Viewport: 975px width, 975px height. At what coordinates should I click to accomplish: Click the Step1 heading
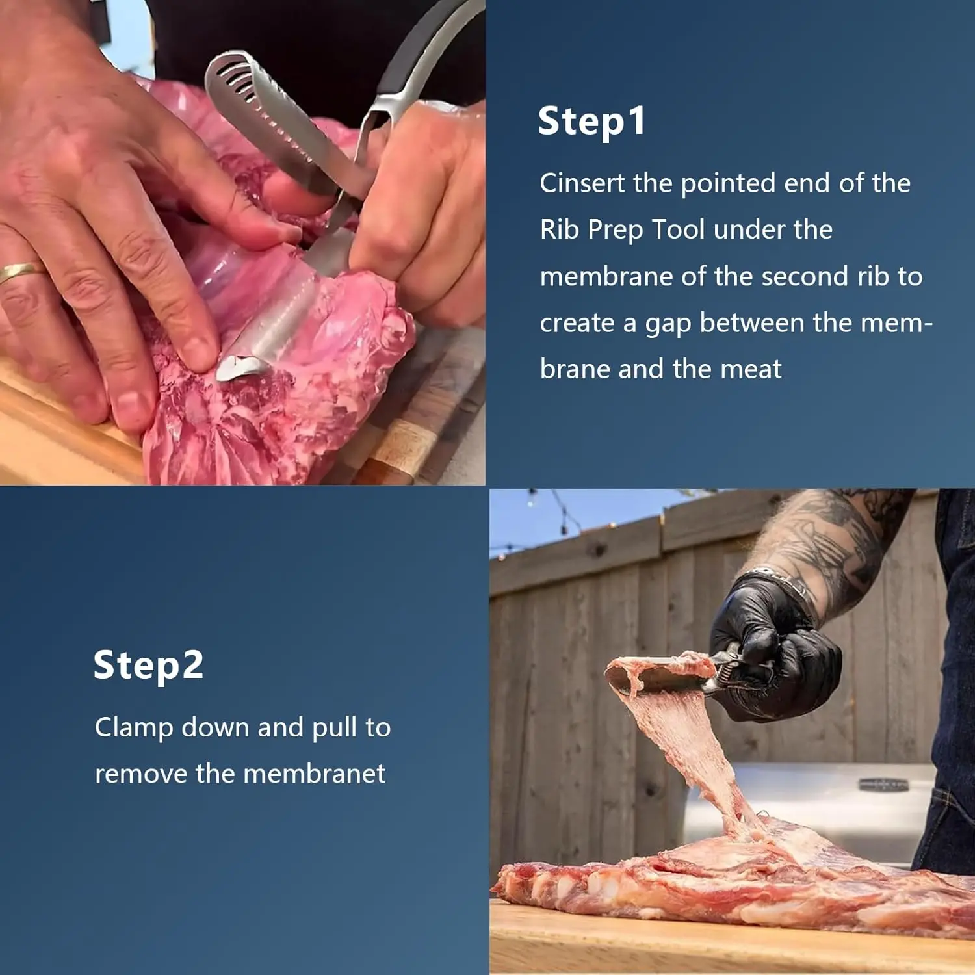point(591,122)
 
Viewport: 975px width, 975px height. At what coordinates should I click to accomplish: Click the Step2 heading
point(148,665)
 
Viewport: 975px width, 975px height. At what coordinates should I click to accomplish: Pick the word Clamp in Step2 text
point(134,728)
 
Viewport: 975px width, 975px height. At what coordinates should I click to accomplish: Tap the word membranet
point(314,773)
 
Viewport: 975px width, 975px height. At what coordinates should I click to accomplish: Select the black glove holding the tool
point(773,650)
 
